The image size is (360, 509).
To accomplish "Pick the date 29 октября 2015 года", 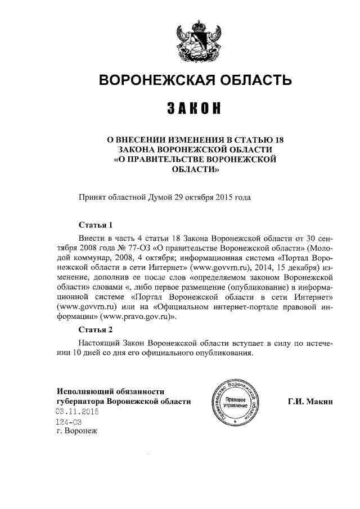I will tap(209, 197).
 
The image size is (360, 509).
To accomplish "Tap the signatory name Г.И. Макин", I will tap(310, 402).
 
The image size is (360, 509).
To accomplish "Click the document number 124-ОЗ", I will tap(69, 422).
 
